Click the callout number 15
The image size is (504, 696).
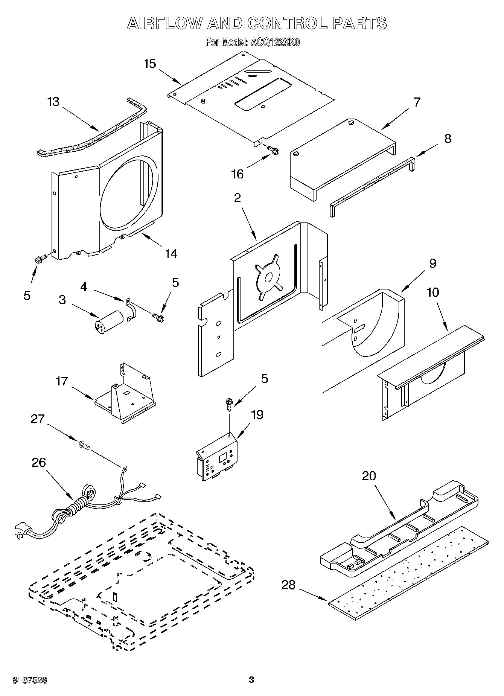149,64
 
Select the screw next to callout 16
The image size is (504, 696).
273,150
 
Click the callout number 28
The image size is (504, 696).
288,585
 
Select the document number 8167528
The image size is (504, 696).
30,680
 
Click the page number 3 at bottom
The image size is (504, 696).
251,680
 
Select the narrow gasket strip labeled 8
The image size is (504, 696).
371,184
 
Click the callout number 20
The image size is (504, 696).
369,476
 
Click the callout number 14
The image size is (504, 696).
171,254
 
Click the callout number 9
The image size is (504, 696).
432,263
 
